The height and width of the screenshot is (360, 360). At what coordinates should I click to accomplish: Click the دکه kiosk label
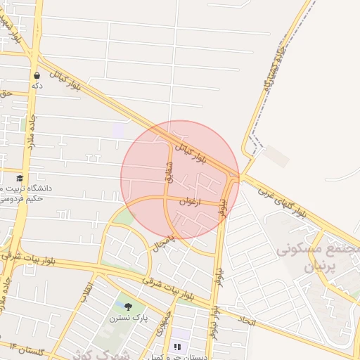pyautogui.click(x=37, y=86)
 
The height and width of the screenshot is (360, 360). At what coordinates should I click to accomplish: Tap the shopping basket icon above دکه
pyautogui.click(x=37, y=75)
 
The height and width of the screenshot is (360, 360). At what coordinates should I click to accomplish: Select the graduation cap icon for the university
pyautogui.click(x=20, y=178)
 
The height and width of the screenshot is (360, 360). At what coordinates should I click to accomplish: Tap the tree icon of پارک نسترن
pyautogui.click(x=128, y=307)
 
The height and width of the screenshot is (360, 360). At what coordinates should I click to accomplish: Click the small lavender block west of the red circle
pyautogui.click(x=118, y=130)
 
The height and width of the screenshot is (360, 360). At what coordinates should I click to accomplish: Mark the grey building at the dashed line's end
pyautogui.click(x=277, y=157)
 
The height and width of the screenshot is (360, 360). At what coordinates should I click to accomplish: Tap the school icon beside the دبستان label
pyautogui.click(x=176, y=347)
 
